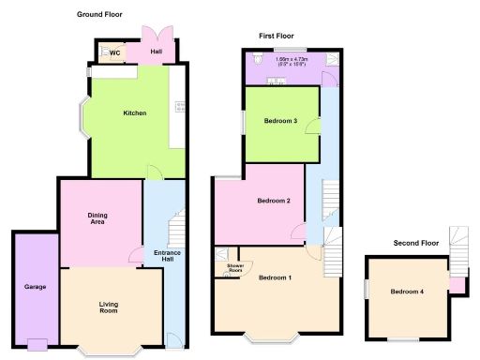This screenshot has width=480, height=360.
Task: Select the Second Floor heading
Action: click(x=415, y=244)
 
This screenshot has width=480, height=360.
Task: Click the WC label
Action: click(x=114, y=53)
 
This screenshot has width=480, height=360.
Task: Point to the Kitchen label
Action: click(x=135, y=113)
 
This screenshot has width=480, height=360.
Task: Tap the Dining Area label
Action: click(x=97, y=219)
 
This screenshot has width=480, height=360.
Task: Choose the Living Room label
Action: click(x=110, y=307)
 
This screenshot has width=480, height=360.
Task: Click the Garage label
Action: click(x=35, y=287)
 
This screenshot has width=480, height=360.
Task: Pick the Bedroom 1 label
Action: click(x=276, y=278)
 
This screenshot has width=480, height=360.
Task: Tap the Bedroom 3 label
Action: click(x=280, y=121)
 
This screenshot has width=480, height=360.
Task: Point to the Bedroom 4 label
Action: click(x=408, y=292)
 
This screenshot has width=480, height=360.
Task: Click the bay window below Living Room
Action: click(x=110, y=352)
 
